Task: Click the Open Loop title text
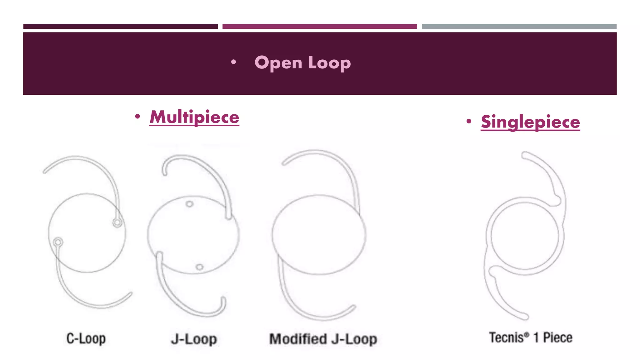click(302, 63)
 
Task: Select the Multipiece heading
click(194, 117)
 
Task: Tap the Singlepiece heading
click(530, 122)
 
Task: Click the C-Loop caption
click(86, 339)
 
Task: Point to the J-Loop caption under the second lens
click(194, 339)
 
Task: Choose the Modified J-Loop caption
click(323, 339)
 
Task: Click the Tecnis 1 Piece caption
click(531, 338)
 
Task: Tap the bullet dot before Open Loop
click(233, 62)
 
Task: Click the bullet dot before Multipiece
click(137, 117)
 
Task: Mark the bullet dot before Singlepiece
click(468, 121)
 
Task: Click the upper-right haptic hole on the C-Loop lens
click(117, 222)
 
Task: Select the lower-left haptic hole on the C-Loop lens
click(58, 242)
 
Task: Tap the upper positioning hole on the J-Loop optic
click(189, 204)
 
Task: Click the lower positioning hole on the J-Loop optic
click(199, 267)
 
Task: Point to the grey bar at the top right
click(519, 27)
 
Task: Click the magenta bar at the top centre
click(319, 27)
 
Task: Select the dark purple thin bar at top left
click(120, 27)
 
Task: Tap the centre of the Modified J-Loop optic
click(319, 235)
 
